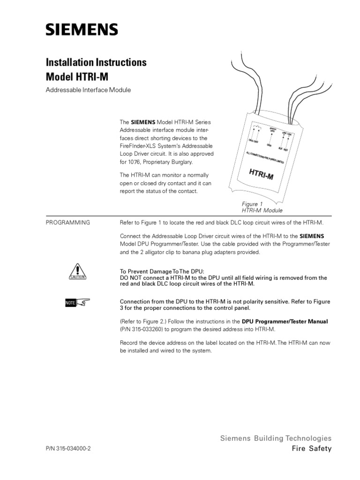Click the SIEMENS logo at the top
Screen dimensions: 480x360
click(x=82, y=31)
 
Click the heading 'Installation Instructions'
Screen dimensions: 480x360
click(x=96, y=62)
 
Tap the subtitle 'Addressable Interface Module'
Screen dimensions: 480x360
click(x=87, y=90)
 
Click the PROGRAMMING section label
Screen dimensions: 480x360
click(x=67, y=222)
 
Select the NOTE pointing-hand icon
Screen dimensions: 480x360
click(x=77, y=304)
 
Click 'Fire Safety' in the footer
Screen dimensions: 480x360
click(x=311, y=449)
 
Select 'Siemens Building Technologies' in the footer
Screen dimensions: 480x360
click(x=276, y=438)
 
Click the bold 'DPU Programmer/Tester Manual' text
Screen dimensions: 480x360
click(x=285, y=322)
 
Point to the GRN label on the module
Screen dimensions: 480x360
click(x=269, y=145)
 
